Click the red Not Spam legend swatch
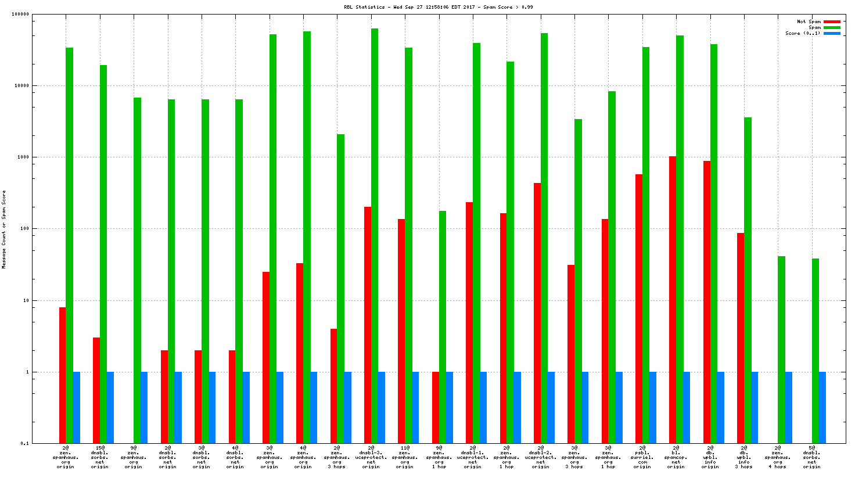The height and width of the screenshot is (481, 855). pyautogui.click(x=832, y=22)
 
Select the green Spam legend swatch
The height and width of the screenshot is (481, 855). pyautogui.click(x=832, y=28)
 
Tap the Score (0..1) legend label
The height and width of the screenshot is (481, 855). pyautogui.click(x=803, y=34)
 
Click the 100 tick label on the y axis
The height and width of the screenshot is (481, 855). pyautogui.click(x=24, y=229)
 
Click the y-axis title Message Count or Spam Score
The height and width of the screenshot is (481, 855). pyautogui.click(x=4, y=229)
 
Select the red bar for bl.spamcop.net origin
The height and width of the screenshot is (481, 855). pyautogui.click(x=672, y=299)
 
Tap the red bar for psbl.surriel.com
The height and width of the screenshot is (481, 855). pyautogui.click(x=639, y=308)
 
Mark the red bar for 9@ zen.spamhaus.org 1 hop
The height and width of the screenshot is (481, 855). pyautogui.click(x=436, y=407)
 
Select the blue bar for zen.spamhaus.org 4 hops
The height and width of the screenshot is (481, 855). pyautogui.click(x=789, y=407)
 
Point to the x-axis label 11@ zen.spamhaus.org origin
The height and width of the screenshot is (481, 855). pyautogui.click(x=405, y=457)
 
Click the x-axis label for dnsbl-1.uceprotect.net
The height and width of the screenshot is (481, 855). pyautogui.click(x=473, y=457)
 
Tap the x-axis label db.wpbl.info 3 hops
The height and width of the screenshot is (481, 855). pyautogui.click(x=744, y=457)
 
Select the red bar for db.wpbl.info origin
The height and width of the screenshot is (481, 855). pyautogui.click(x=707, y=301)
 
